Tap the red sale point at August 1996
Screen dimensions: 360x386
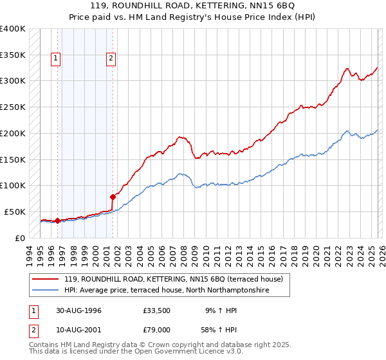tap(57, 221)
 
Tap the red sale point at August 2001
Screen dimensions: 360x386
tap(113, 197)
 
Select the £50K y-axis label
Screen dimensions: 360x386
tap(15, 212)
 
